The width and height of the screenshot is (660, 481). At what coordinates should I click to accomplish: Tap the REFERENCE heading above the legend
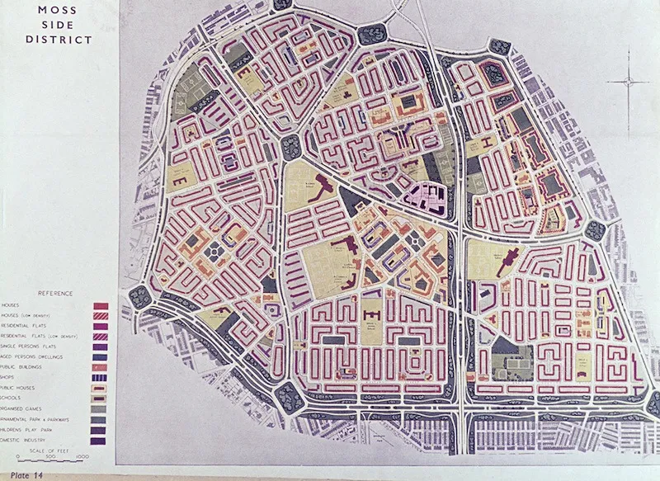tap(55, 294)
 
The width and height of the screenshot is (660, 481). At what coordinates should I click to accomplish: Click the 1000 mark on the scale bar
tap(82, 456)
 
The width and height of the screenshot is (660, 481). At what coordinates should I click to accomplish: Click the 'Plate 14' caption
tap(26, 475)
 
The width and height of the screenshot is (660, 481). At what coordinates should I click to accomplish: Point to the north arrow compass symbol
tap(629, 80)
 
